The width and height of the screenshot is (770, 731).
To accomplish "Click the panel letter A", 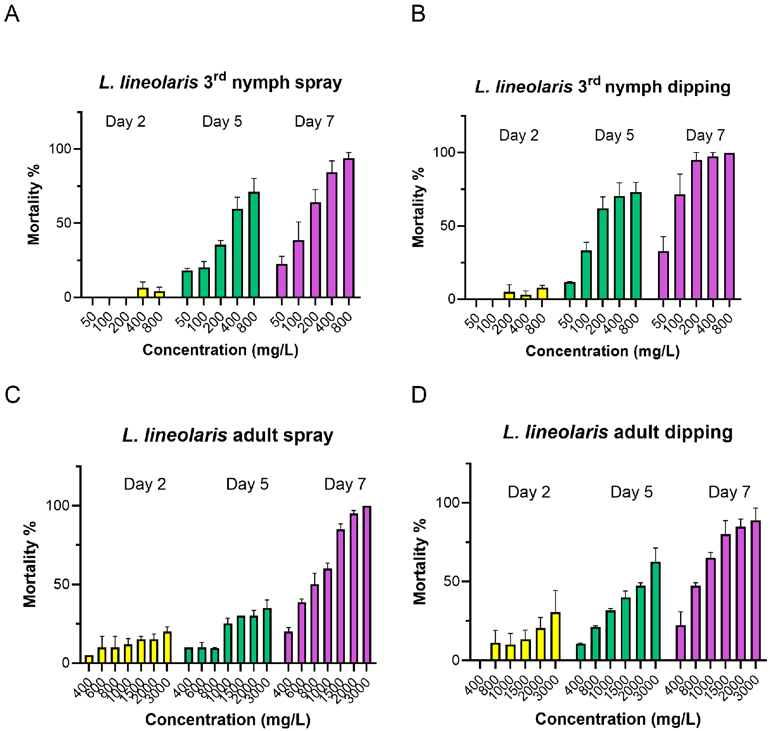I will pyautogui.click(x=12, y=14).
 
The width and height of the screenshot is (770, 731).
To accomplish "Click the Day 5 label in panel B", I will pyautogui.click(x=614, y=135).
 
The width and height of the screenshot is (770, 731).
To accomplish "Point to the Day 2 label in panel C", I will pyautogui.click(x=145, y=484).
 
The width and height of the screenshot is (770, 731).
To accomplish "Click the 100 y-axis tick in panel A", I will pyautogui.click(x=60, y=149).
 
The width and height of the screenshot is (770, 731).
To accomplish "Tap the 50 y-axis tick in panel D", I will pyautogui.click(x=452, y=582).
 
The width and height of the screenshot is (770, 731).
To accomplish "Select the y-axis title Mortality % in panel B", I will pyautogui.click(x=418, y=207).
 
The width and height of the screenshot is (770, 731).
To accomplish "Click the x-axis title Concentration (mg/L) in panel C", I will pyautogui.click(x=228, y=720).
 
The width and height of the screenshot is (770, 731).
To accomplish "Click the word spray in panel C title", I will pyautogui.click(x=308, y=435).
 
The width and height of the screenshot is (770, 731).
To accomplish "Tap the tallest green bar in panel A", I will pyautogui.click(x=254, y=245).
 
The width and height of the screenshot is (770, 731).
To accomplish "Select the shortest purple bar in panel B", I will pyautogui.click(x=663, y=275).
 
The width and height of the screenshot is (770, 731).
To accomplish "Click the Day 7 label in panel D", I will pyautogui.click(x=729, y=492).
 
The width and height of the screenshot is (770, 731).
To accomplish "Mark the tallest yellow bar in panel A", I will pyautogui.click(x=142, y=293).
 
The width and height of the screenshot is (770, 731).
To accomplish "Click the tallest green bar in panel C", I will pyautogui.click(x=267, y=635).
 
